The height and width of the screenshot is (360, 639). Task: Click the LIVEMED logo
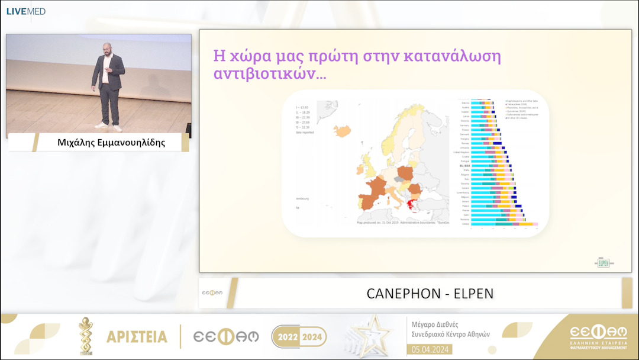point(25,11)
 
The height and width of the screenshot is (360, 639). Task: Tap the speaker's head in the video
point(106,48)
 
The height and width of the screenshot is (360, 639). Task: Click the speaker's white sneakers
point(109,127)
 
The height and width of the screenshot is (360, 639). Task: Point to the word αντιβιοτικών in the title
point(269,75)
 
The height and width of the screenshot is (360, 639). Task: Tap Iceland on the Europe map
point(342,131)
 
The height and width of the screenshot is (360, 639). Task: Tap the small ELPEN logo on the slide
point(603,262)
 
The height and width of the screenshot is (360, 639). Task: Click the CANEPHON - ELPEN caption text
point(430,294)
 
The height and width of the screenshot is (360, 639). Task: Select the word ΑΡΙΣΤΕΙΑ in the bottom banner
point(137,337)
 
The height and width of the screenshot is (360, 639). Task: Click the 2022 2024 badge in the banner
point(299,337)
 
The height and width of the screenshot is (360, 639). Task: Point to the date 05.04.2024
point(431,349)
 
